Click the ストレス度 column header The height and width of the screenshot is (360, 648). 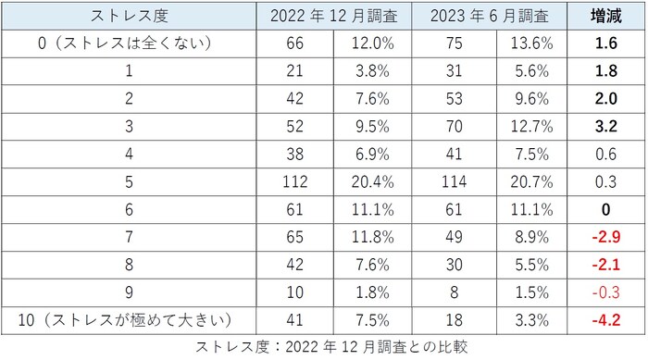click(x=128, y=17)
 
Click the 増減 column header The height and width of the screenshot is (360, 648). click(x=606, y=17)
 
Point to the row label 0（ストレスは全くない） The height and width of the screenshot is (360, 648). click(x=128, y=43)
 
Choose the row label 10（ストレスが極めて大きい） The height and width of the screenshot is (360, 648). click(x=128, y=320)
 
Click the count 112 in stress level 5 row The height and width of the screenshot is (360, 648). click(x=293, y=181)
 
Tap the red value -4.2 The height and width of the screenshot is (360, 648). click(x=605, y=320)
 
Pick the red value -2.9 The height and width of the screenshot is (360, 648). click(x=605, y=237)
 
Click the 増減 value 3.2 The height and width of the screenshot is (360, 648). click(x=606, y=126)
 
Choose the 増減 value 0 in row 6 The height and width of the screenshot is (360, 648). click(x=606, y=209)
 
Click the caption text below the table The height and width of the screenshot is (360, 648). click(x=331, y=348)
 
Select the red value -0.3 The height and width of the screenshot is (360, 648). click(x=605, y=292)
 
